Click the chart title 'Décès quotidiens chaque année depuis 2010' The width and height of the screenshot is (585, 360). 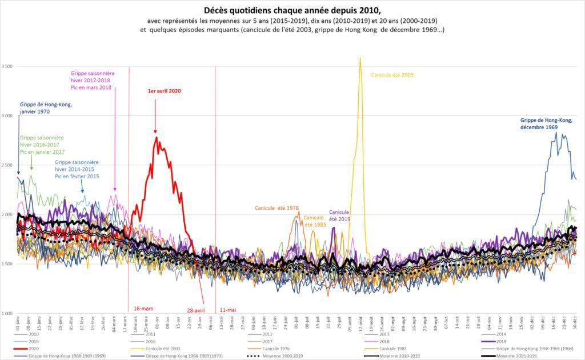[x=292, y=10]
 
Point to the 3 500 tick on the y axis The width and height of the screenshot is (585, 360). [x=7, y=66]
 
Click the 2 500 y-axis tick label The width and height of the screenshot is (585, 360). [x=7, y=165]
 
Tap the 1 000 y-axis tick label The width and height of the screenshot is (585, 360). [x=7, y=313]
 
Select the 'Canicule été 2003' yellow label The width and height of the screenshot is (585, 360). [x=392, y=75]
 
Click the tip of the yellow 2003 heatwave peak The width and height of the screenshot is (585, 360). [x=360, y=58]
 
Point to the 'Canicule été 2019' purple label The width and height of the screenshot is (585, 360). [x=339, y=215]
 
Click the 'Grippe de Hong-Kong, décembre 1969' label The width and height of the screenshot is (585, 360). [x=546, y=123]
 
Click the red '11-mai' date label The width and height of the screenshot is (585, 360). [x=227, y=310]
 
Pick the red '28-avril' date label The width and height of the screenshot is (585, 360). [x=195, y=310]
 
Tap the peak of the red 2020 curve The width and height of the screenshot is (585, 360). [x=157, y=137]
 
